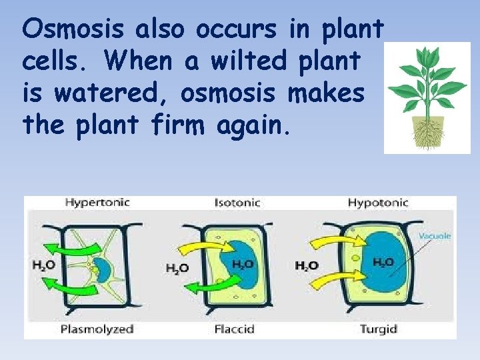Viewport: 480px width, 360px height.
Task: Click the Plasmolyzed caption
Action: pyautogui.click(x=97, y=329)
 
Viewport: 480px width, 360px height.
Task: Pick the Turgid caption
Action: pyautogui.click(x=379, y=329)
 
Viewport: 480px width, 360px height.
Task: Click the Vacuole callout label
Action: pyautogui.click(x=435, y=235)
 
